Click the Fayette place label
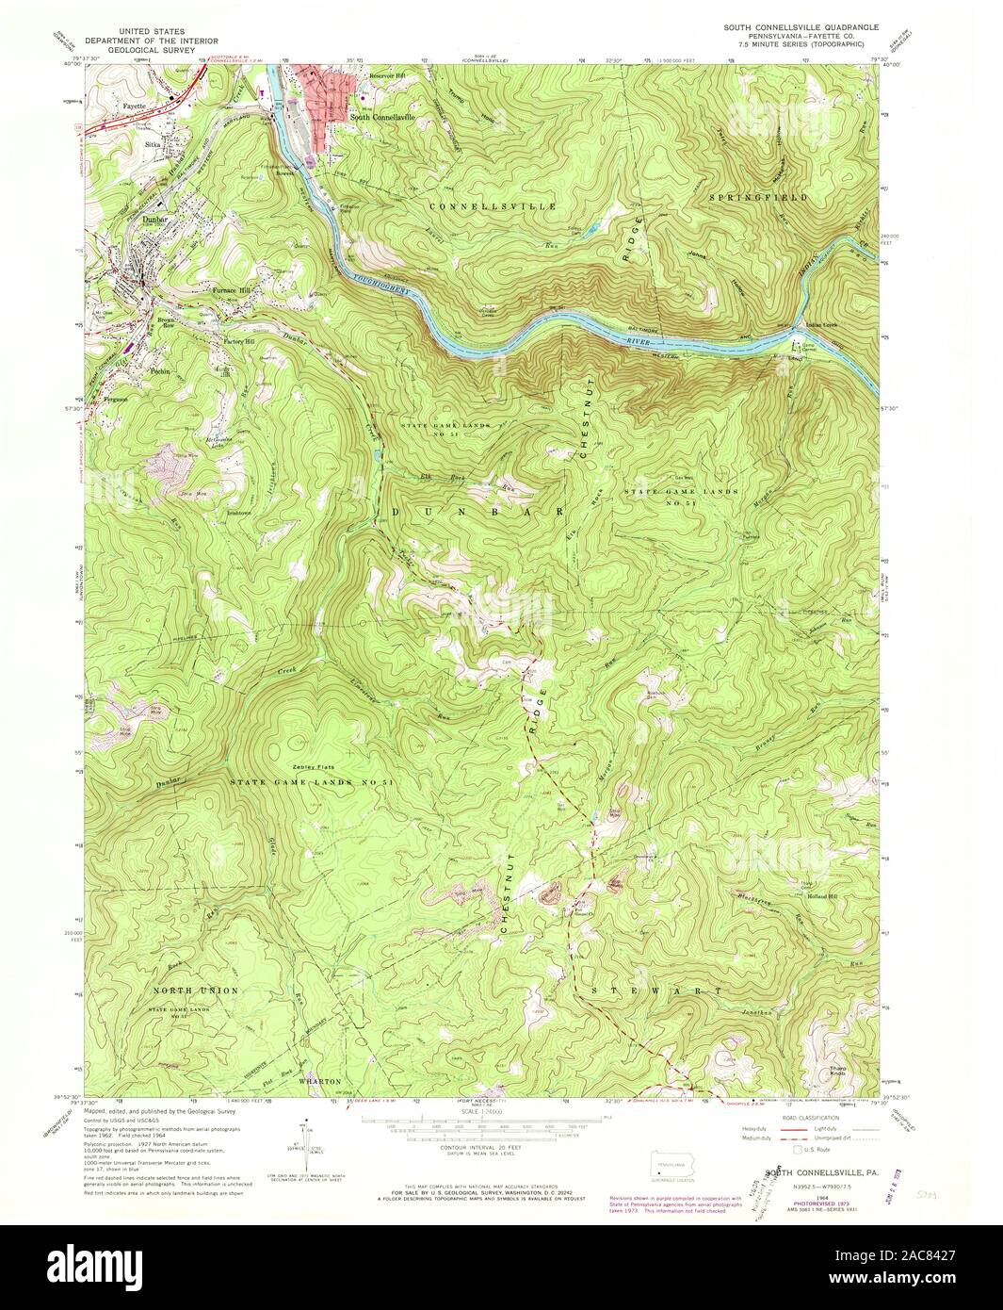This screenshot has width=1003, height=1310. [135, 106]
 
